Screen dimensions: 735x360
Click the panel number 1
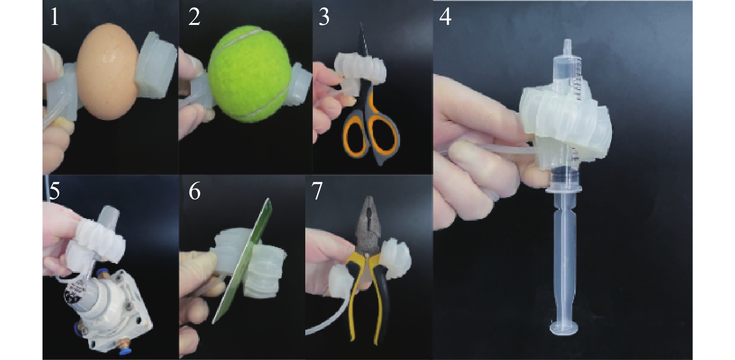pos(54,17)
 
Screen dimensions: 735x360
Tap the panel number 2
pos(195,17)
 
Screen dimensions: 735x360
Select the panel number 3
pos(324,17)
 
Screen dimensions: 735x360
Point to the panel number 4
pos(445,17)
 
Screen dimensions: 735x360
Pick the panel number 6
pos(195,191)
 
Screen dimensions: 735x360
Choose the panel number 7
pos(317,191)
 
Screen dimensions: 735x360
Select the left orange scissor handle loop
pos(355,138)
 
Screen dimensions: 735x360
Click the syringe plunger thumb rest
pos(564,328)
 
